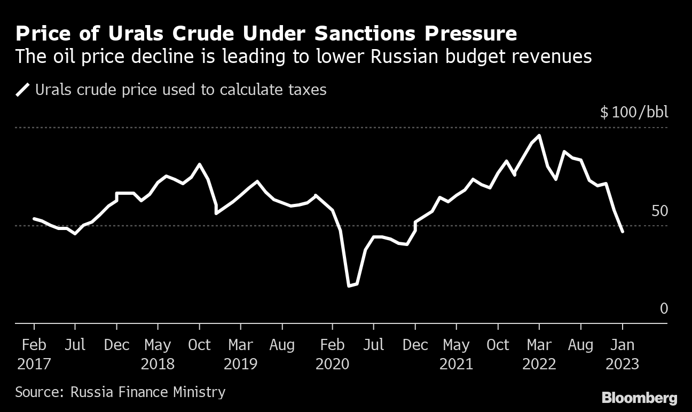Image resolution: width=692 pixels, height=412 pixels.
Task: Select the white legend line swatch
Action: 23,89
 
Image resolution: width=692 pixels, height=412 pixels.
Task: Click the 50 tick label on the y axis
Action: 660,211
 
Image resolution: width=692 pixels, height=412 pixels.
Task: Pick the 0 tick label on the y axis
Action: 664,308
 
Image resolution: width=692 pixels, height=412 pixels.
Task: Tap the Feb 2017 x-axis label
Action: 34,354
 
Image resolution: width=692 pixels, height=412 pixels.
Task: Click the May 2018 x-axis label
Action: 158,354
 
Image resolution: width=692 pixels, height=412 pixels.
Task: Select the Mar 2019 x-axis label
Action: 240,354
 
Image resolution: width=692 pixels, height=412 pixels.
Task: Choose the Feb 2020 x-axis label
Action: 333,354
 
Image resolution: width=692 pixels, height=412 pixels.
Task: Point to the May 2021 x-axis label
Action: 457,354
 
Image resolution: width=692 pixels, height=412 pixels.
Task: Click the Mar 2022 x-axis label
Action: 539,354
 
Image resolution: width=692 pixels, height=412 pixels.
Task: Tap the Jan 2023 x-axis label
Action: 622,354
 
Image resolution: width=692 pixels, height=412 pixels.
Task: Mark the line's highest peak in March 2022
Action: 539,136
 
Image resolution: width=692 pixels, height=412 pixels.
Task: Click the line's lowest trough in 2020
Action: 349,286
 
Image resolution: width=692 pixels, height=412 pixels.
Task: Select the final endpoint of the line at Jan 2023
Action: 622,231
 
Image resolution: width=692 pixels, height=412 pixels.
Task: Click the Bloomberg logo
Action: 639,398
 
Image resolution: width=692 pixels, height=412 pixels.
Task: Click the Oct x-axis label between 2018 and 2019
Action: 199,345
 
